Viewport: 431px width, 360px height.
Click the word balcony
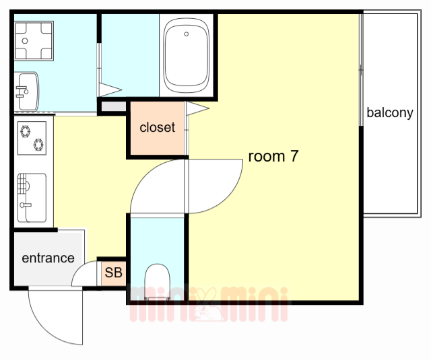coord(390,112)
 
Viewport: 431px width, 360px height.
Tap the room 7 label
coord(273,156)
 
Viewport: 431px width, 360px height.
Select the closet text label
coord(157,127)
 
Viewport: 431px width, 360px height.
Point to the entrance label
coord(48,258)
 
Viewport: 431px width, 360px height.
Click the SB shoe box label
coord(114,273)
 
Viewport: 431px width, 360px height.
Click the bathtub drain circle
coord(187,34)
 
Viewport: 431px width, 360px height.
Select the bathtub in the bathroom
coord(187,56)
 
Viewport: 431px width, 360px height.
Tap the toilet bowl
coord(157,281)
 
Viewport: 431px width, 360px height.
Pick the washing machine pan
coord(34,40)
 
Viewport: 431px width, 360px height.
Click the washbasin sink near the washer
coord(27,92)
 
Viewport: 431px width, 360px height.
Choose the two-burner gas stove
coord(32,138)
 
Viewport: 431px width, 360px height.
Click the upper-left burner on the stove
coord(26,131)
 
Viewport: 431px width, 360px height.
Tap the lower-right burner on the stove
coord(38,145)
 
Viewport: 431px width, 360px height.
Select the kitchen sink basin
coord(32,197)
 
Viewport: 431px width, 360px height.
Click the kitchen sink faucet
coord(26,205)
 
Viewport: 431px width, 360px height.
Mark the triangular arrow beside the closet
coord(197,108)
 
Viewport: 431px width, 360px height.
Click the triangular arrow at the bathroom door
coord(110,89)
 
